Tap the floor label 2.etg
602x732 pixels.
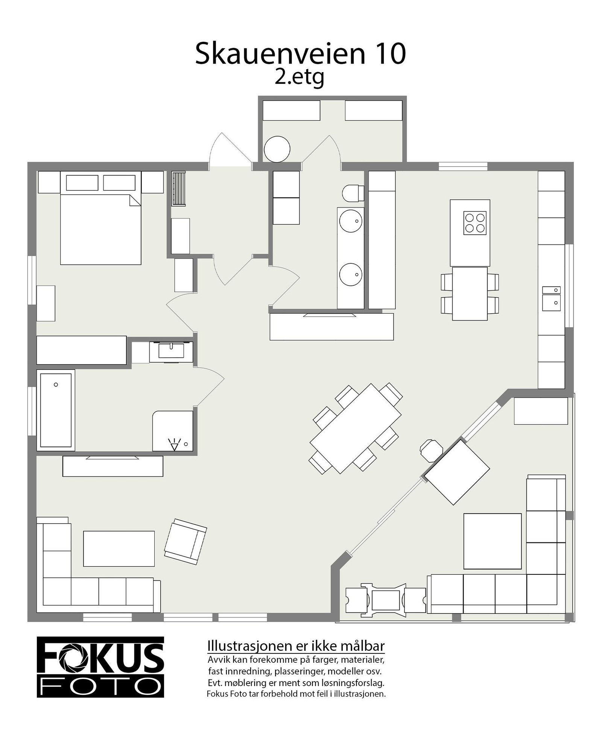click(299, 78)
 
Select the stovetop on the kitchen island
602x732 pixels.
click(474, 223)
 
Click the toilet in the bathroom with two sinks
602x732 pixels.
click(352, 193)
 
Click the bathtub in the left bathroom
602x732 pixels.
click(56, 410)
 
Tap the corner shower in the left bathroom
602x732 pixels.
click(173, 430)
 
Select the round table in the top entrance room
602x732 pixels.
click(277, 149)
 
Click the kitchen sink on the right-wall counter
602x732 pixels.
click(551, 302)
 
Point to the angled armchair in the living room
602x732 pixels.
click(185, 542)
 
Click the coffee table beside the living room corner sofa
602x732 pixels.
click(119, 548)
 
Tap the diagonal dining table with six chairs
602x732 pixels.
click(355, 428)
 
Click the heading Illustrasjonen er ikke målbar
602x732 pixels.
click(296, 646)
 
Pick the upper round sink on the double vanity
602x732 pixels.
click(351, 220)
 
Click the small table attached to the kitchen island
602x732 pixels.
click(470, 293)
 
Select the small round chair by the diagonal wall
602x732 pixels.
click(431, 450)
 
